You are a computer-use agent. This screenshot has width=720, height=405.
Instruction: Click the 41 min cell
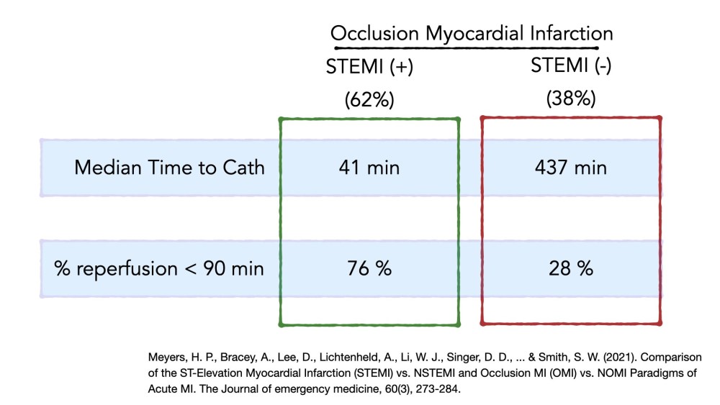[x=369, y=168]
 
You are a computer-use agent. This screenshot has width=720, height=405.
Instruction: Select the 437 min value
[x=571, y=168]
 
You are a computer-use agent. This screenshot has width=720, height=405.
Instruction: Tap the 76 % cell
[x=369, y=268]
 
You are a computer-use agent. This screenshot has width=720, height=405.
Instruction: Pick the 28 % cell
[x=571, y=268]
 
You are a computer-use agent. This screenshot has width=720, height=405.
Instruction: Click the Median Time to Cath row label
[x=169, y=168]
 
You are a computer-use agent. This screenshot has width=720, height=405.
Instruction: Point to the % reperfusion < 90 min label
[x=159, y=269]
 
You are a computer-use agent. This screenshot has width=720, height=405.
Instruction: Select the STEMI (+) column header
[x=369, y=67]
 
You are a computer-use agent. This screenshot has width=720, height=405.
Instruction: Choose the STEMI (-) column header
[x=571, y=65]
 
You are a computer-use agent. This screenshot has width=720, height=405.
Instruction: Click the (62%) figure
[x=369, y=99]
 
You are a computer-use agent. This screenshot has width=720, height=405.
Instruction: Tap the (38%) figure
[x=571, y=99]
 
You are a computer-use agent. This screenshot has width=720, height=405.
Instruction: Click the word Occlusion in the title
[x=374, y=34]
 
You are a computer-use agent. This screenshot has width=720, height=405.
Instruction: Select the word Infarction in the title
[x=572, y=34]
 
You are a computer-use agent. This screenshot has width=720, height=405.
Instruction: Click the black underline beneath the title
[x=466, y=47]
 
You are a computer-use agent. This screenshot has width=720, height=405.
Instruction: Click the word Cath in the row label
[x=244, y=168]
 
